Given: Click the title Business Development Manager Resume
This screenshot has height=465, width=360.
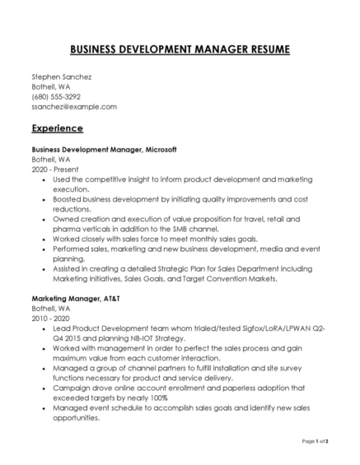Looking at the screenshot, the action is [180, 49].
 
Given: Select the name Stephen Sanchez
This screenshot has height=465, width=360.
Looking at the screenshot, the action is [62, 77].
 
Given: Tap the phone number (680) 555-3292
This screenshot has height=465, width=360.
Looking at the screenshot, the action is [56, 96].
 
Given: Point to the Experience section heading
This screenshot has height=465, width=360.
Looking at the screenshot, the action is [57, 128].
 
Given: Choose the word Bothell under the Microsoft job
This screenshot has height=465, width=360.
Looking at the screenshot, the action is [44, 160].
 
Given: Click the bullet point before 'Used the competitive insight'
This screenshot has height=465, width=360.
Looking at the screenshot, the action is [43, 179].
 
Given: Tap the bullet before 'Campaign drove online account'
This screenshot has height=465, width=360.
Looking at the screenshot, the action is [43, 388].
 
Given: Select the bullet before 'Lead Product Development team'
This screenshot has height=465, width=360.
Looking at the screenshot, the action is [43, 328].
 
